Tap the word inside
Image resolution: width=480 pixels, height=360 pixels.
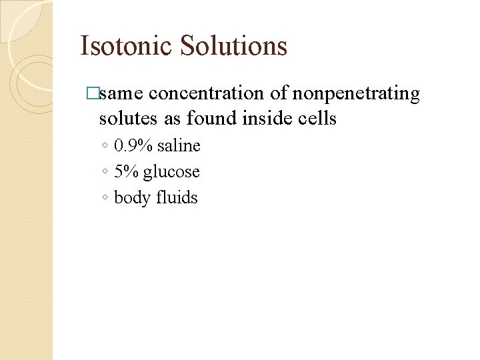coord(262,119)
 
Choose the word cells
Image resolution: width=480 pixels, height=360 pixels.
coord(315,119)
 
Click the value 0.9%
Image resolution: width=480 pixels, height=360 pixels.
coord(133,146)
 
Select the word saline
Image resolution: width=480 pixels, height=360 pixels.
coord(179,146)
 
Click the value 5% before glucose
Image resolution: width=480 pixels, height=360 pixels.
coord(125,172)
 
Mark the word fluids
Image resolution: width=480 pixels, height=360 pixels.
coord(177,198)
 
